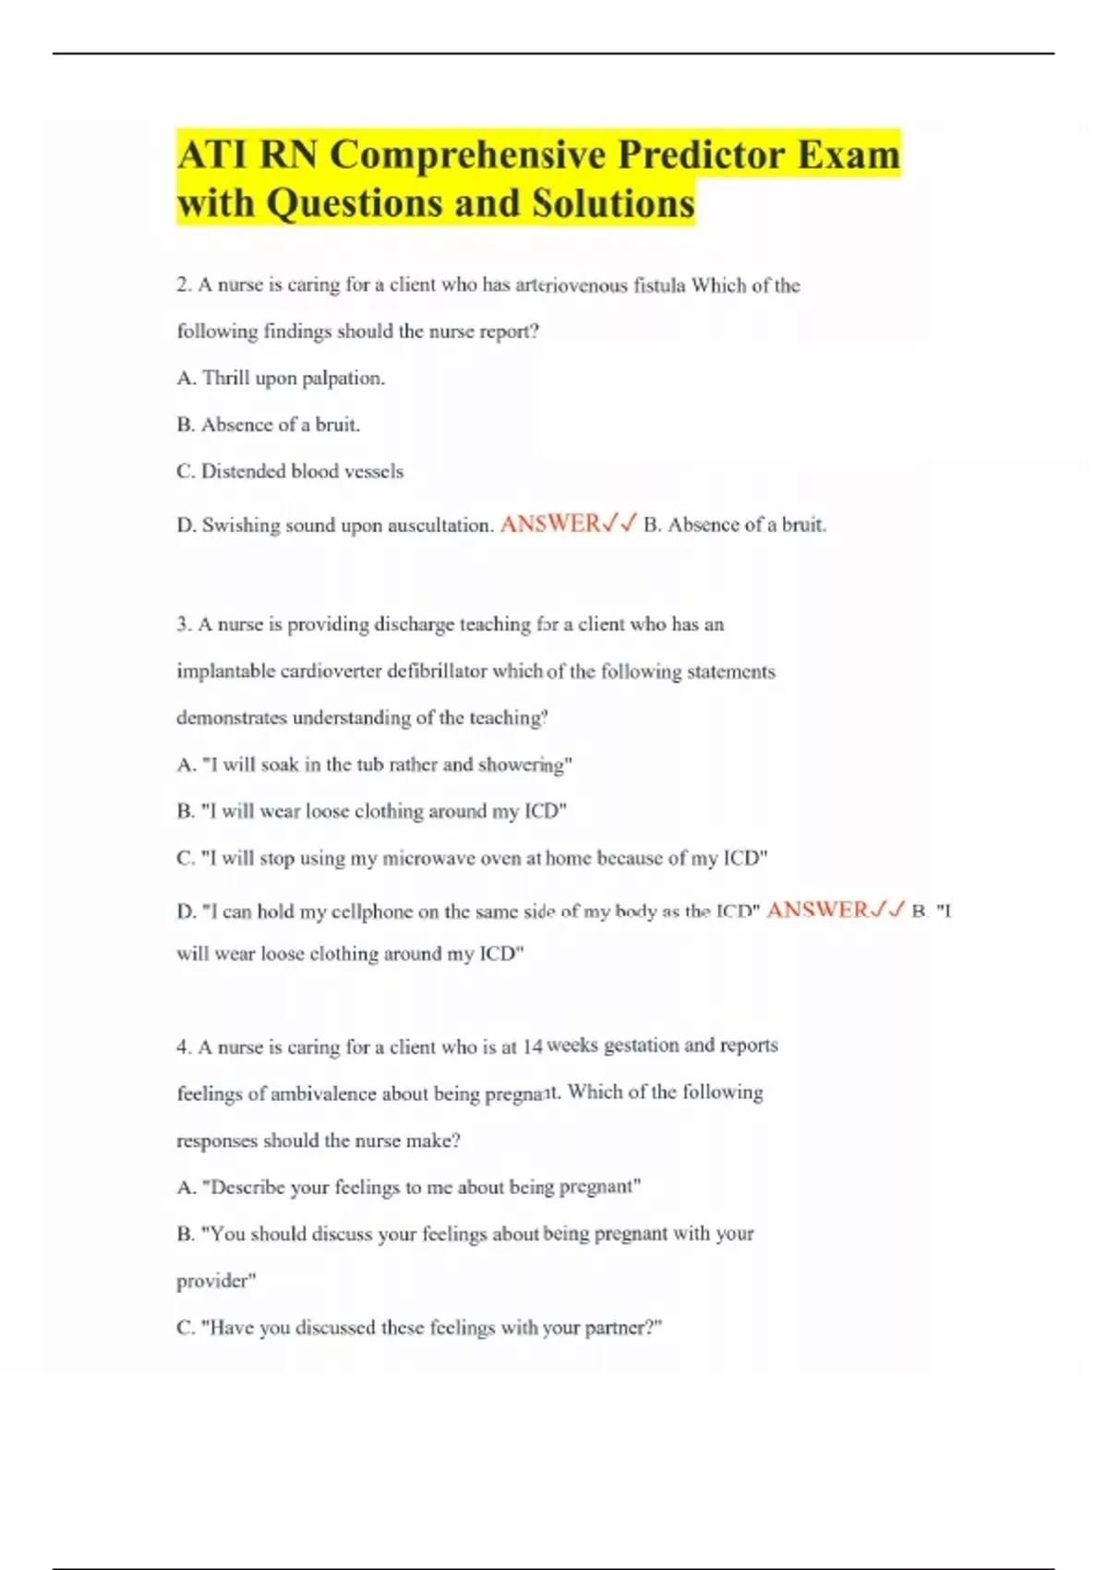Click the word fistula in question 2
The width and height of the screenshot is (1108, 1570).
click(658, 285)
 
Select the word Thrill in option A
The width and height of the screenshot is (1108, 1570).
click(225, 378)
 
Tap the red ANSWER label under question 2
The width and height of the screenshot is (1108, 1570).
click(550, 525)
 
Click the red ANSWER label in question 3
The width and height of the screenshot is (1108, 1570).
click(817, 911)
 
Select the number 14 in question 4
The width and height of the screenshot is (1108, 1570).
click(532, 1047)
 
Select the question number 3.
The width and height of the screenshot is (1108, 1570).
click(182, 625)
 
